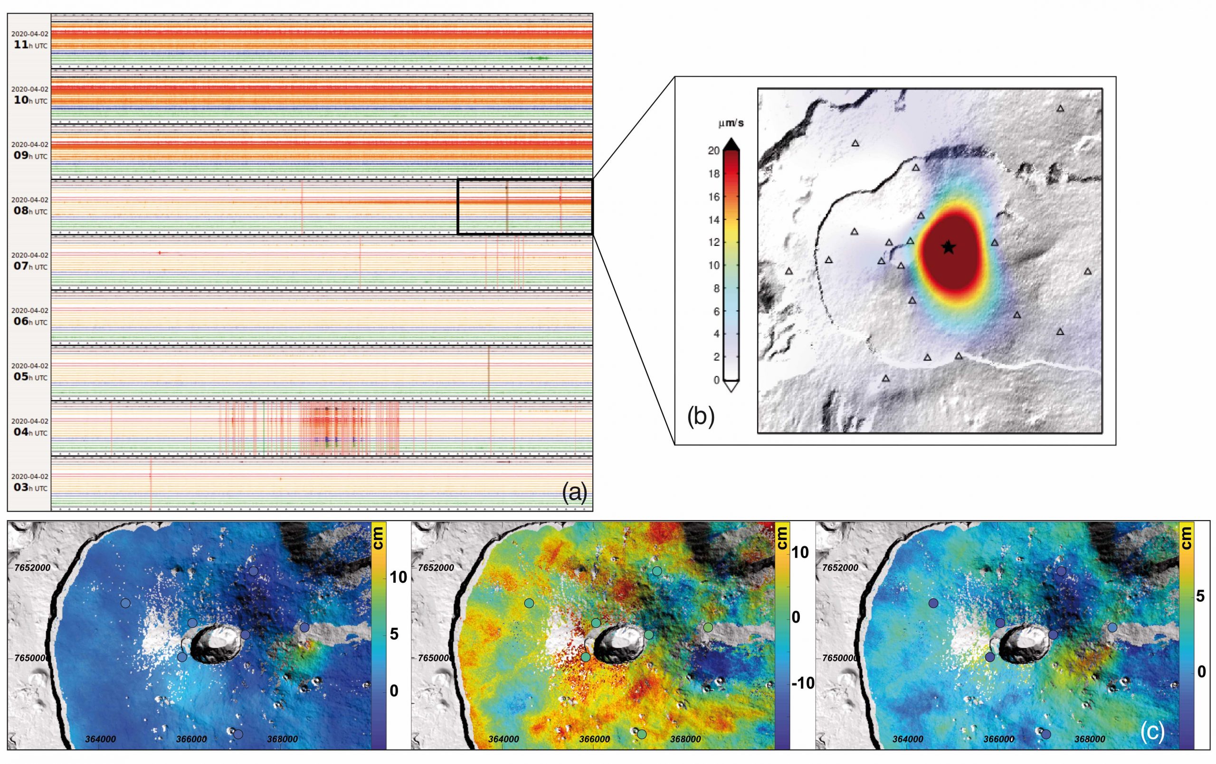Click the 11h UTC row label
(x=30, y=40)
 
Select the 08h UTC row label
(x=30, y=206)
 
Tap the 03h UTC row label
(x=30, y=483)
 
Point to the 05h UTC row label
(x=30, y=372)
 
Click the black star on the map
(x=949, y=247)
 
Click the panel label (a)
(x=575, y=493)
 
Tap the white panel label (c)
(x=1152, y=733)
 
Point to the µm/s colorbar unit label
(x=731, y=122)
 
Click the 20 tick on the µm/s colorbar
(x=713, y=150)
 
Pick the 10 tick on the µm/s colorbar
(x=713, y=265)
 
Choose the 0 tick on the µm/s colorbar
(x=716, y=380)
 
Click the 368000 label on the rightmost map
(x=1090, y=739)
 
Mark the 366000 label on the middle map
(x=594, y=739)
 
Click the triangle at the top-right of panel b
(x=1060, y=109)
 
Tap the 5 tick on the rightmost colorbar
(x=1200, y=596)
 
